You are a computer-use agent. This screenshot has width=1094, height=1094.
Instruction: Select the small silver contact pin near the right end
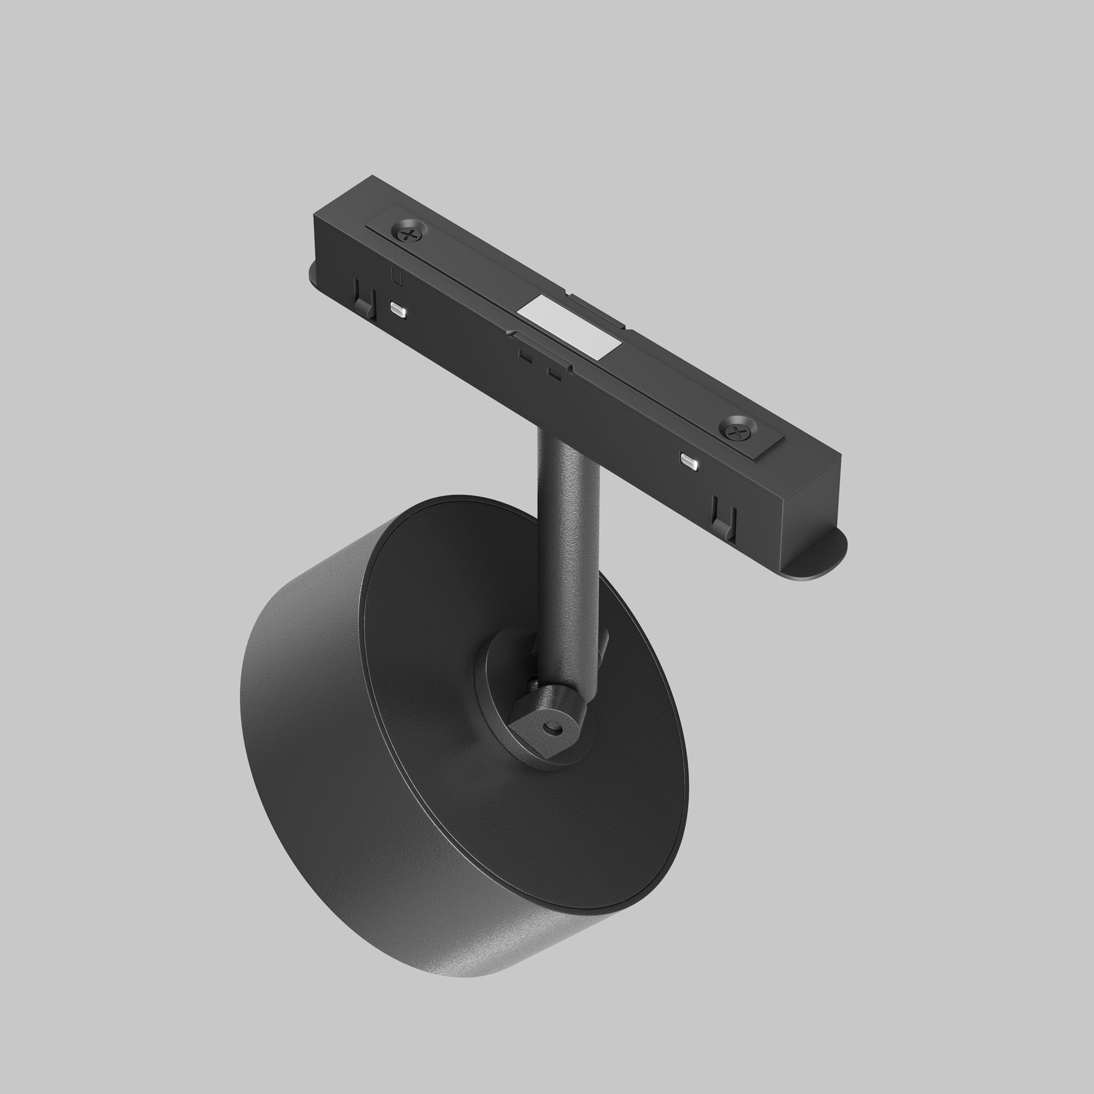(689, 459)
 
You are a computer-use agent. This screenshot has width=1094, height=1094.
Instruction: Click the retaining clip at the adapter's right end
(724, 516)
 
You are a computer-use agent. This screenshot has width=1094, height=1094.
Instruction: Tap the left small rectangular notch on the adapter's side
(526, 356)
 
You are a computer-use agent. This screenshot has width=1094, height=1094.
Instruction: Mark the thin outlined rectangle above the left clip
(397, 276)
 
